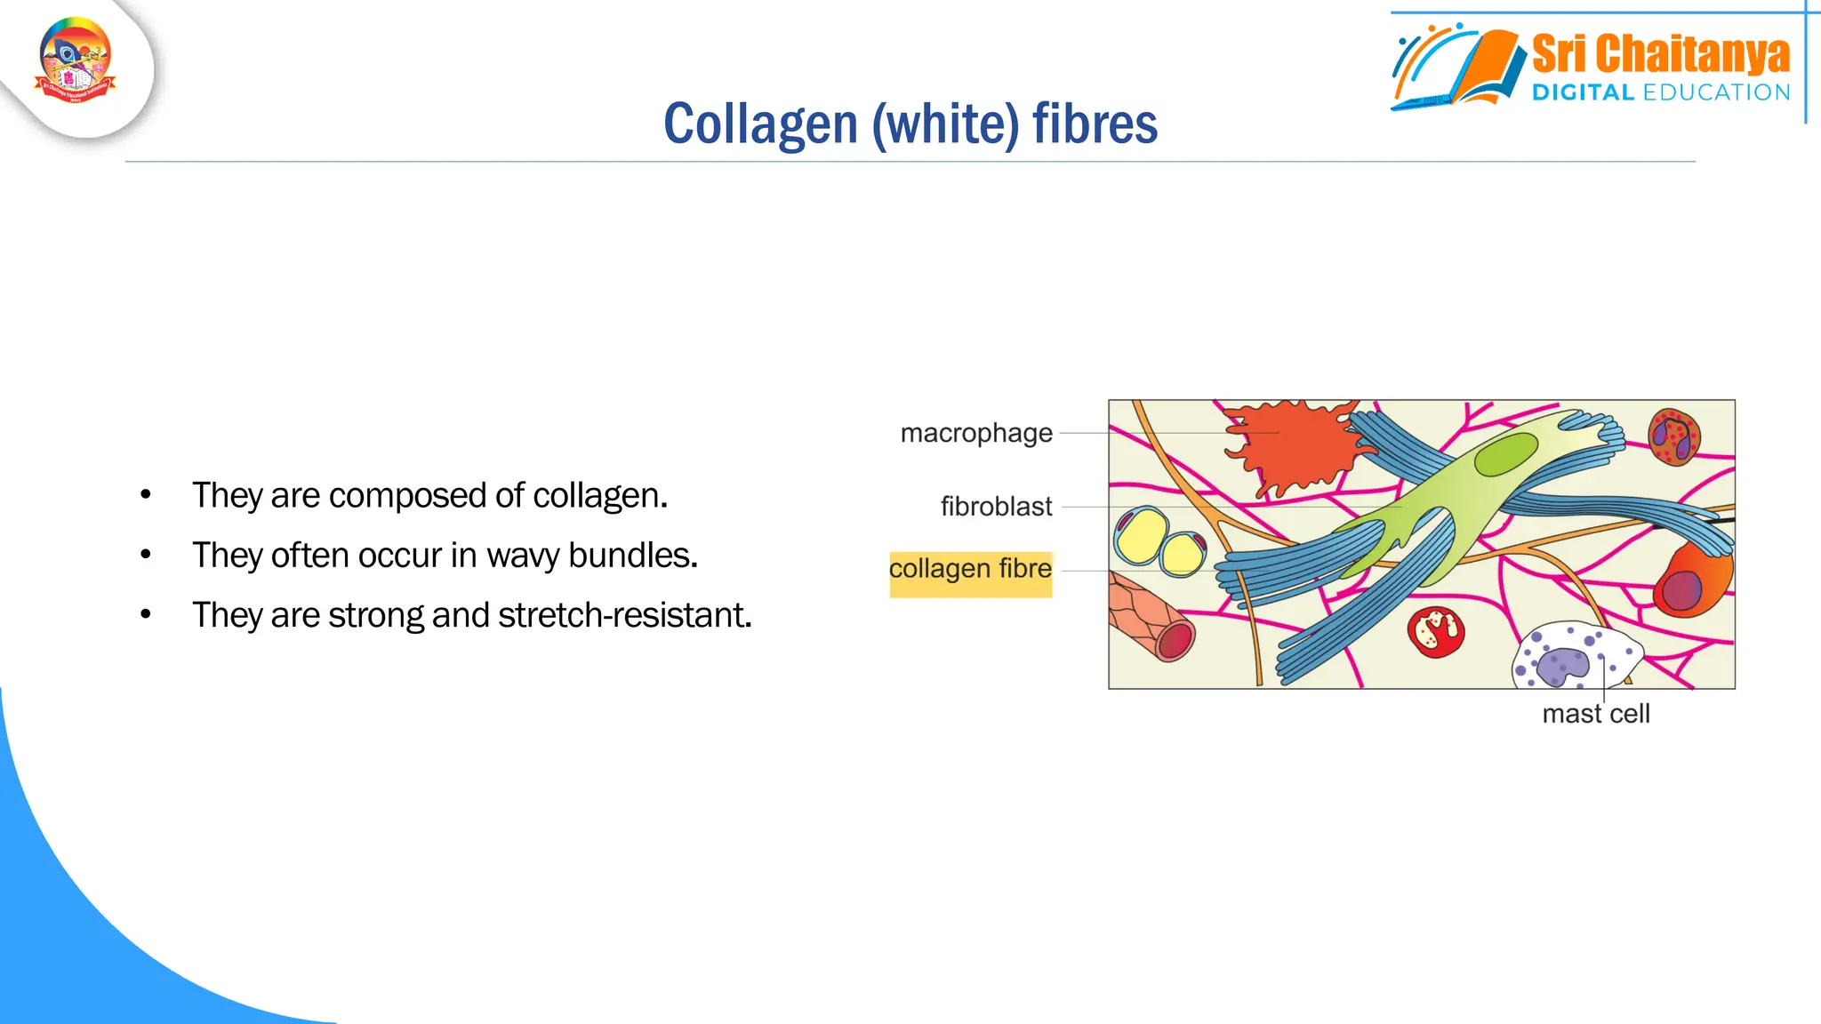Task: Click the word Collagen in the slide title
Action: (x=760, y=124)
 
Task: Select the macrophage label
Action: (x=975, y=433)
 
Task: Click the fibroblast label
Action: (x=996, y=507)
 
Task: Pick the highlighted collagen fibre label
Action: (x=970, y=569)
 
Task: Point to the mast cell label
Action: (x=1595, y=714)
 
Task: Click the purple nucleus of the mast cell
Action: (x=1562, y=665)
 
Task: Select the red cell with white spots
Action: (x=1435, y=632)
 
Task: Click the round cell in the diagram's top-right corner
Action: (x=1673, y=436)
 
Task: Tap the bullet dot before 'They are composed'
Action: (x=146, y=495)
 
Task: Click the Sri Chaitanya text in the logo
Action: (x=1660, y=54)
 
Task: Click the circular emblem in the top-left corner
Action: (x=76, y=60)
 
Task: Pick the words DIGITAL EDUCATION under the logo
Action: (x=1660, y=92)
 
